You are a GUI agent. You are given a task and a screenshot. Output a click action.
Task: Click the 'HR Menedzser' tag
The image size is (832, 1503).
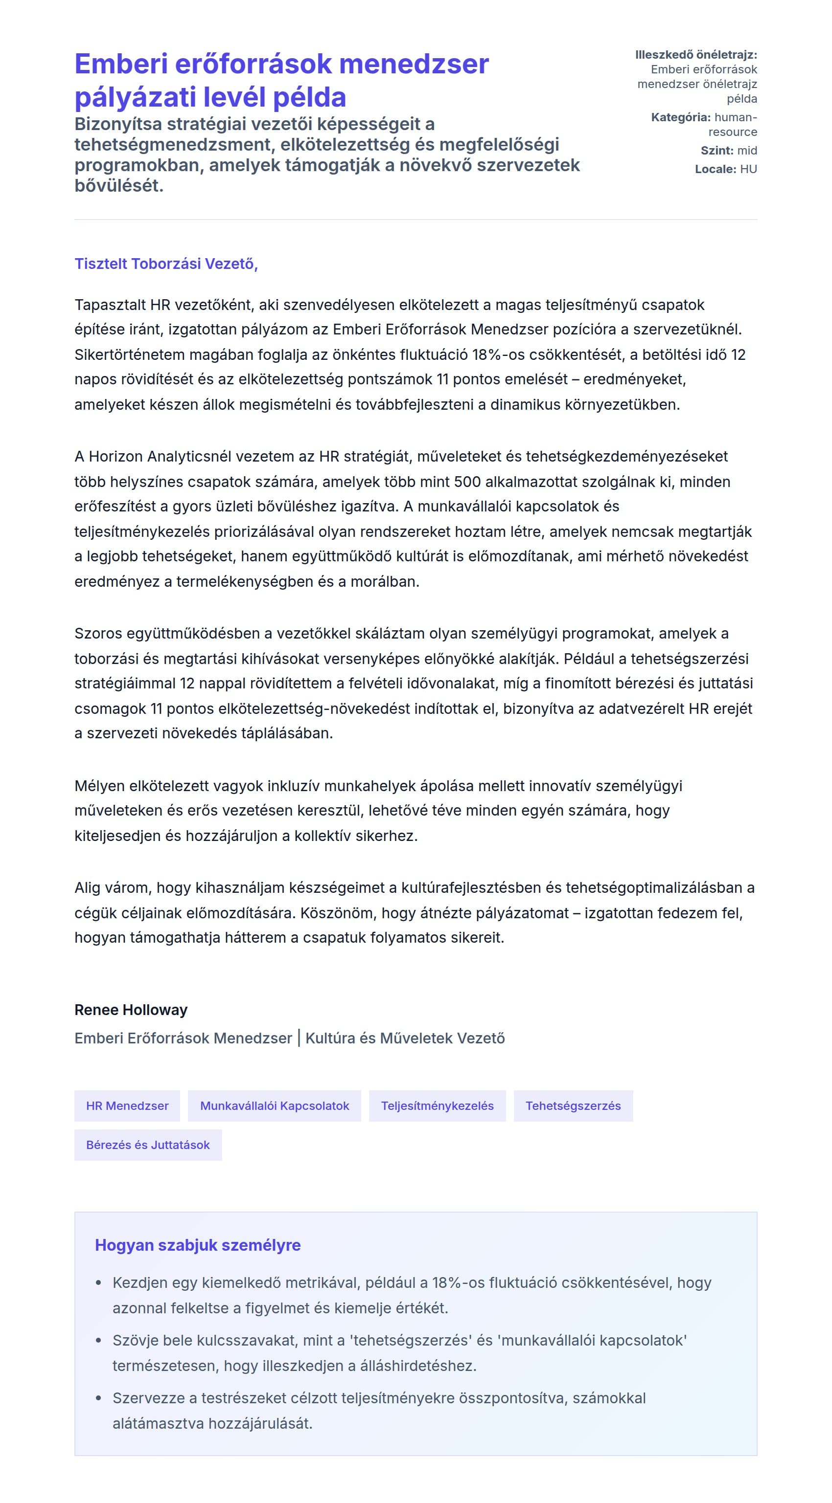(127, 1105)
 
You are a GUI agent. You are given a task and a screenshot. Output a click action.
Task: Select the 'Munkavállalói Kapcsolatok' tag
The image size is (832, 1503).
(275, 1105)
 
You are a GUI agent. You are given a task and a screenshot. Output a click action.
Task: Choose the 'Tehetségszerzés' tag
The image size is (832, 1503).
(573, 1105)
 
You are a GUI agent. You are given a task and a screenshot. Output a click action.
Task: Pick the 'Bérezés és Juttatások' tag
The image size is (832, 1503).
(148, 1145)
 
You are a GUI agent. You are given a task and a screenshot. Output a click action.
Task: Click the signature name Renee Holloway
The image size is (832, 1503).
(131, 1010)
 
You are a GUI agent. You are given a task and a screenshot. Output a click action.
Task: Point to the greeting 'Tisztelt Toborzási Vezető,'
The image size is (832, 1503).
(166, 264)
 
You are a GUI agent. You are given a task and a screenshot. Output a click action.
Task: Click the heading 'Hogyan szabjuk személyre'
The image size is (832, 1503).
(197, 1245)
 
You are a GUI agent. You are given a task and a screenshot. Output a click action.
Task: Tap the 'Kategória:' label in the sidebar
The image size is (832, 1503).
(680, 117)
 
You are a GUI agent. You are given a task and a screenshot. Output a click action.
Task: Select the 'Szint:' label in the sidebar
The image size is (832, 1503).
(716, 151)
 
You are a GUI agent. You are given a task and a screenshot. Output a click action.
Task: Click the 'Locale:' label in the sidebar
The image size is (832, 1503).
(715, 169)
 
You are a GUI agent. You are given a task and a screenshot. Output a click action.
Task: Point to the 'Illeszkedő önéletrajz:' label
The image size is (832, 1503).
(696, 55)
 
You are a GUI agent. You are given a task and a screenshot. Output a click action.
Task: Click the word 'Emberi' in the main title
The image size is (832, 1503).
(121, 64)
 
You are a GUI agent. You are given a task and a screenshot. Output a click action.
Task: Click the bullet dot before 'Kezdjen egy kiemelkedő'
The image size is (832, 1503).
(99, 1283)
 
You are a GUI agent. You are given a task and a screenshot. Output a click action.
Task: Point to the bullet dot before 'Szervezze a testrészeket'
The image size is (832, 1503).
(99, 1398)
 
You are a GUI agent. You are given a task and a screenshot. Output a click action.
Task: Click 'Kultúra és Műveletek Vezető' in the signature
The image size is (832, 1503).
(405, 1038)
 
